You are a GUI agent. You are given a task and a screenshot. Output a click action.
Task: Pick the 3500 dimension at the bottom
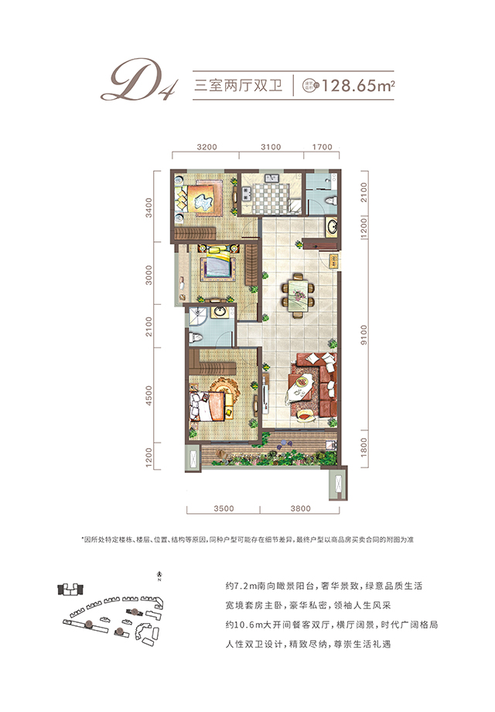click(x=223, y=508)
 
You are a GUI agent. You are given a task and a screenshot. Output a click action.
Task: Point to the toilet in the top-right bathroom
click(x=331, y=200)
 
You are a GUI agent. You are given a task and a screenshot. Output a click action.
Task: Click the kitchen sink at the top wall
click(x=271, y=181)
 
